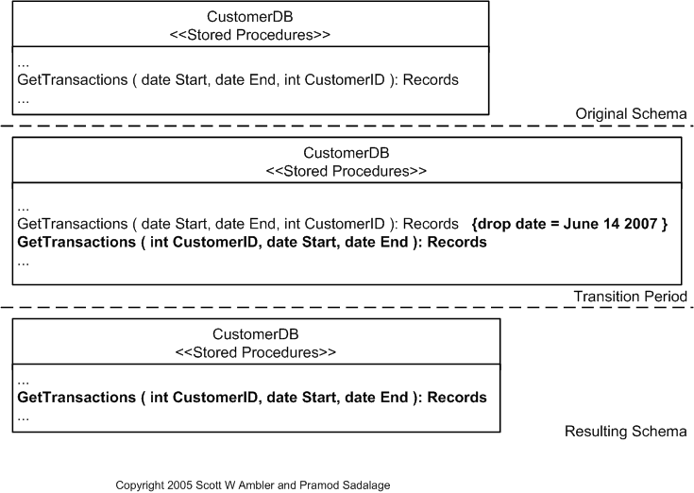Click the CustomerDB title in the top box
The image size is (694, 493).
pos(249,17)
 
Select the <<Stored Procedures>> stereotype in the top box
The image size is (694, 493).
pos(249,35)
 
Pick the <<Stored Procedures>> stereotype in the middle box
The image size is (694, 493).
pos(347,171)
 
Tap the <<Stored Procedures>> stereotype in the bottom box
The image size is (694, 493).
pos(256,352)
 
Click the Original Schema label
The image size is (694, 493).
pos(631,114)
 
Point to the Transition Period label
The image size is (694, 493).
pos(630,297)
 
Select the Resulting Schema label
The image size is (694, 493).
pos(625,432)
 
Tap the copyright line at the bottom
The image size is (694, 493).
pos(252,484)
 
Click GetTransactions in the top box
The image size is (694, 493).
pos(72,80)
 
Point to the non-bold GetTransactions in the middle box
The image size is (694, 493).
pos(72,225)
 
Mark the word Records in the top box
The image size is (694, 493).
pos(431,80)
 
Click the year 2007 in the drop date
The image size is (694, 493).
pos(647,225)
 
